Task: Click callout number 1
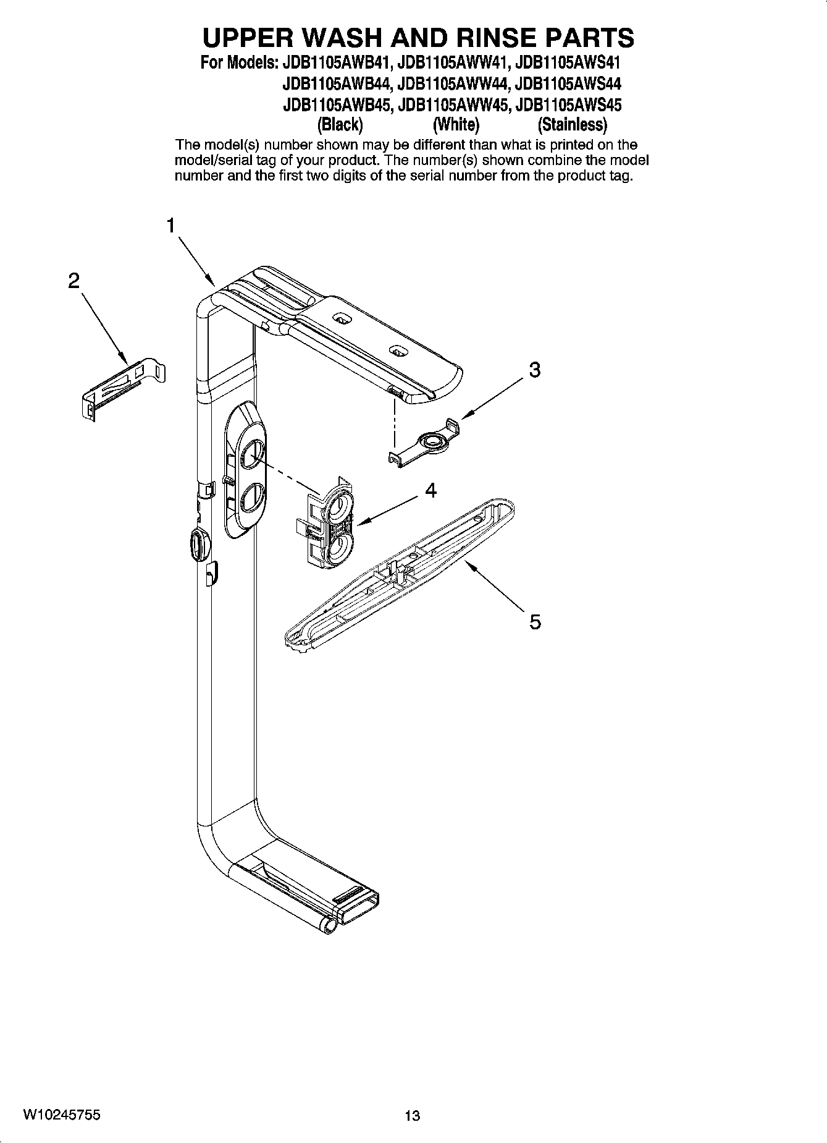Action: click(x=171, y=226)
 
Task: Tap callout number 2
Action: click(x=73, y=282)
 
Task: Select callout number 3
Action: click(x=535, y=370)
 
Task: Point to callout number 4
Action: click(x=430, y=491)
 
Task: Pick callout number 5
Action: click(x=535, y=621)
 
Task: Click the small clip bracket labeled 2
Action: click(x=124, y=386)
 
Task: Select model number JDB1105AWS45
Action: click(x=568, y=104)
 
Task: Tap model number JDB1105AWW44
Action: click(x=453, y=83)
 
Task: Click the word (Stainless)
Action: click(x=573, y=125)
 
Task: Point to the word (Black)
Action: click(x=340, y=125)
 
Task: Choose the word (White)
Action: click(x=456, y=125)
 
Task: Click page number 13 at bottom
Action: click(x=412, y=1116)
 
